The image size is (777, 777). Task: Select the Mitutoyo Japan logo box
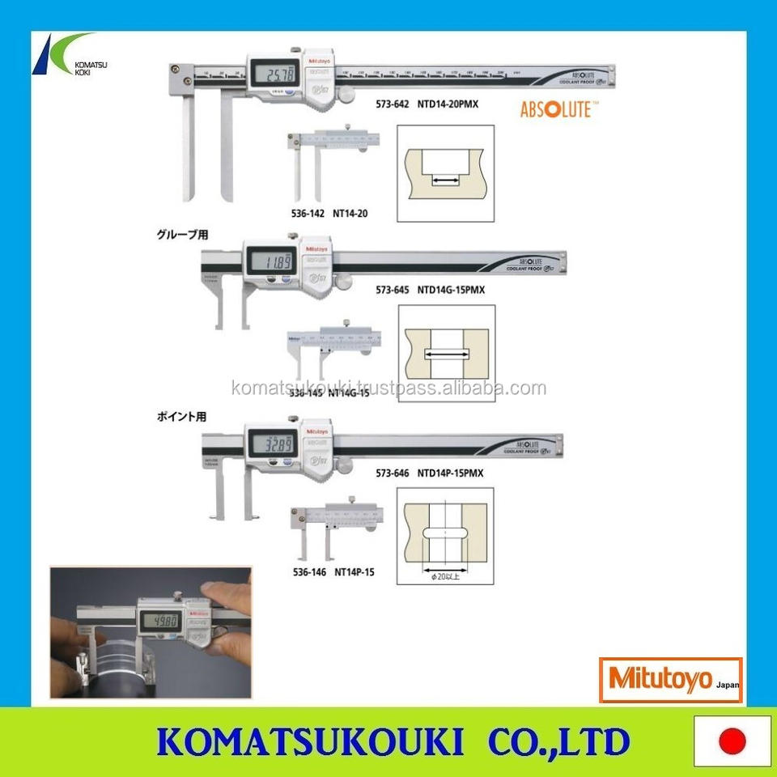tap(670, 680)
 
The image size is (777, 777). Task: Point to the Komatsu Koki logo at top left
tap(65, 55)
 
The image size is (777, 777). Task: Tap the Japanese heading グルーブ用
tap(182, 236)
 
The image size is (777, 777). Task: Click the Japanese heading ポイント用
tap(182, 418)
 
